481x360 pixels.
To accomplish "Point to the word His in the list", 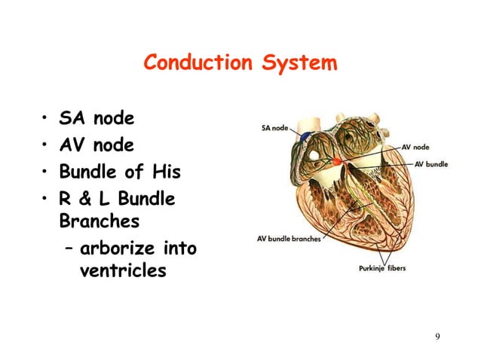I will [x=165, y=172].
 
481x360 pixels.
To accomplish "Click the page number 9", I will [x=437, y=335].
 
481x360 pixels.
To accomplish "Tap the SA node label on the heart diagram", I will [x=274, y=128].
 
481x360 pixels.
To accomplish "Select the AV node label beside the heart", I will [x=416, y=148].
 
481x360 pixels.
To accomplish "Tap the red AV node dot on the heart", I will [x=336, y=161].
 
